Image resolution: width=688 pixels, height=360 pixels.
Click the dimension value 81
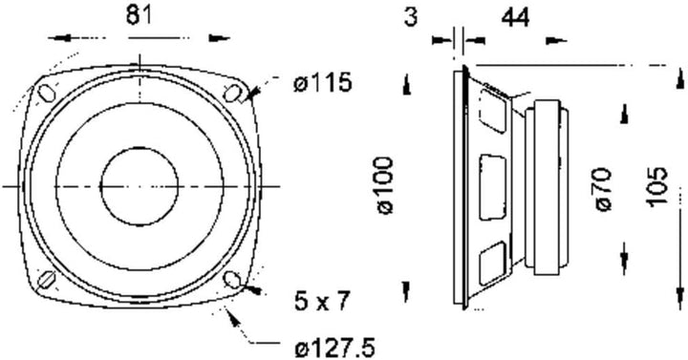pyautogui.click(x=139, y=16)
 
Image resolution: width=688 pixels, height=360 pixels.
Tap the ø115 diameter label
pyautogui.click(x=323, y=82)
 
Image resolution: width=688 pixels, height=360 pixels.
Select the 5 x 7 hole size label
pyautogui.click(x=322, y=301)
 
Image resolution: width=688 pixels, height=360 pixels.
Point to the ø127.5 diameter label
pyautogui.click(x=334, y=349)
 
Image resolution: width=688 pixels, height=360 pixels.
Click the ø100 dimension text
pyautogui.click(x=385, y=186)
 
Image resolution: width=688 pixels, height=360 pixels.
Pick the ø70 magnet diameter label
pyautogui.click(x=603, y=189)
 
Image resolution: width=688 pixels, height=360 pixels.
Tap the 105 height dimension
pyautogui.click(x=656, y=186)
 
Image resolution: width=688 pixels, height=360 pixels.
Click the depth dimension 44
pyautogui.click(x=515, y=18)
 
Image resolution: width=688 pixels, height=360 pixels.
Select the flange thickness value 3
pyautogui.click(x=411, y=17)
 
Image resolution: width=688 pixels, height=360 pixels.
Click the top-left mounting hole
pyautogui.click(x=46, y=93)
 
